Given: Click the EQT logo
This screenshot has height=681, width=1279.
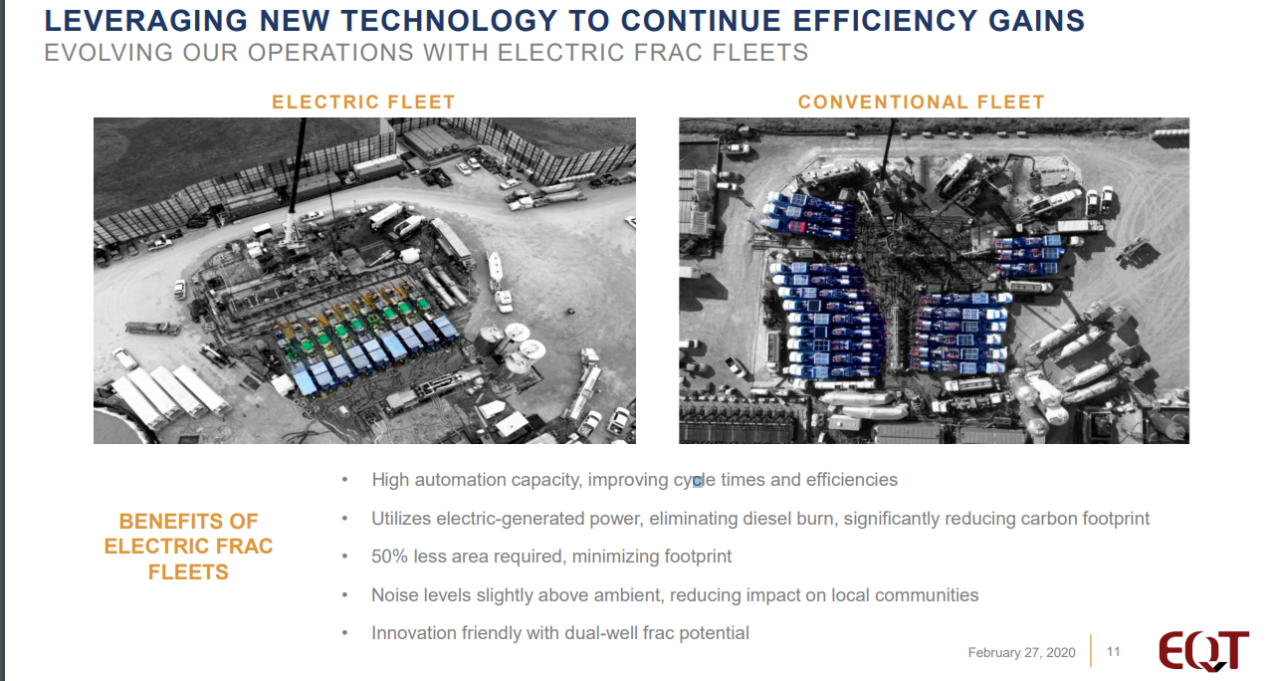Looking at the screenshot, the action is pos(1203,651).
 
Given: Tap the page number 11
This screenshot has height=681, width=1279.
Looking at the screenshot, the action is pos(1113,652).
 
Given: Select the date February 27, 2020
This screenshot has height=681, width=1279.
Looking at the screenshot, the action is pos(1021,652).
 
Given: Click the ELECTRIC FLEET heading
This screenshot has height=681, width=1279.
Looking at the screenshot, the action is pos(363,103).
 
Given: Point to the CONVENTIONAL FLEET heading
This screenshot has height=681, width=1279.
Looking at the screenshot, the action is pos(921,103).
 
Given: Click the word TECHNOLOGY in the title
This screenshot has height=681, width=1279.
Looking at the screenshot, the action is pos(449,21).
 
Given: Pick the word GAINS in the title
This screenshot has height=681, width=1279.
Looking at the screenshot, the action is pos(1036,21).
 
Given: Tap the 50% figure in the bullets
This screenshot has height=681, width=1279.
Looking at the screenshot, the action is pos(389,557).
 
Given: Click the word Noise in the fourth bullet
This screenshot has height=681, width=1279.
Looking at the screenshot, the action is pos(392,595).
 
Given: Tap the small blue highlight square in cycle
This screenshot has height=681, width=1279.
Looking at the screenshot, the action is pos(697,482).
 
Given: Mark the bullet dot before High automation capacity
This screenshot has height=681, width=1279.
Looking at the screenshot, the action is pos(344,480).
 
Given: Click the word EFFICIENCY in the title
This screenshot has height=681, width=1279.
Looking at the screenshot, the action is pos(885,21).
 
